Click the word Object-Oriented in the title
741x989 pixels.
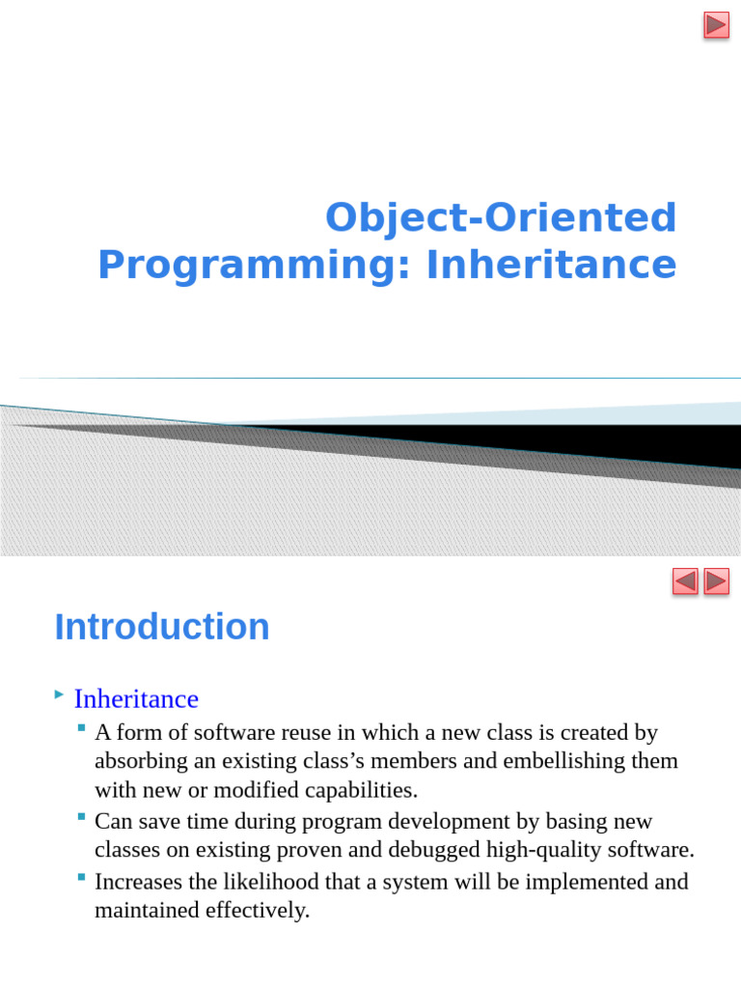(x=501, y=217)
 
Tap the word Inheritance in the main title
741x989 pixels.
(x=551, y=264)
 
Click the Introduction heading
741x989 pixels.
(x=162, y=627)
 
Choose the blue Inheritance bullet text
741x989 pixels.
(x=136, y=699)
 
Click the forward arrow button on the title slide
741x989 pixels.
(x=717, y=25)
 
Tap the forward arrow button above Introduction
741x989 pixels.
(x=717, y=580)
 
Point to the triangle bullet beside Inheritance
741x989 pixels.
(x=59, y=694)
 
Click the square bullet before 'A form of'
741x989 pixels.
(x=81, y=728)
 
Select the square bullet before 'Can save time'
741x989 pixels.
(x=81, y=817)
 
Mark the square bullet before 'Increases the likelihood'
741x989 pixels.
(x=81, y=877)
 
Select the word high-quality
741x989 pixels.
(x=544, y=850)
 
